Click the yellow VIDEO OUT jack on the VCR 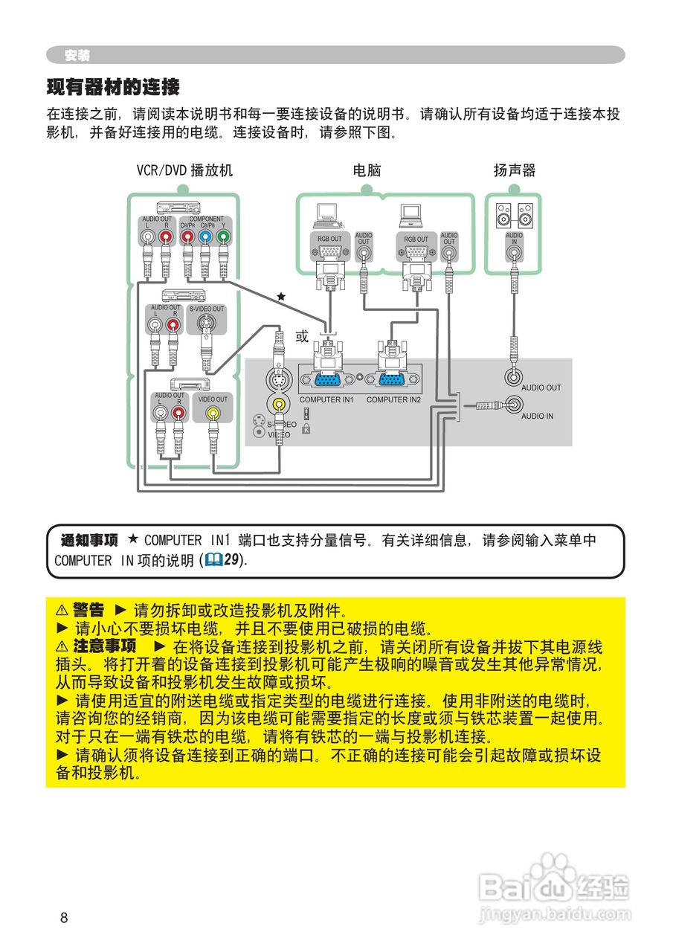tap(213, 412)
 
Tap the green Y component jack tap(223, 237)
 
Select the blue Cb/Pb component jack tap(205, 237)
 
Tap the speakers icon tap(515, 216)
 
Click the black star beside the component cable tap(281, 297)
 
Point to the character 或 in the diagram tap(302, 336)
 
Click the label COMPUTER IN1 tap(326, 400)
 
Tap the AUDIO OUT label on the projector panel tap(541, 387)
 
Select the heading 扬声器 tap(515, 170)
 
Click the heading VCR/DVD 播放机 tap(184, 170)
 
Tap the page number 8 tap(64, 918)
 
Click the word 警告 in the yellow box tap(88, 610)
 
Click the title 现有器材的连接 tap(113, 88)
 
